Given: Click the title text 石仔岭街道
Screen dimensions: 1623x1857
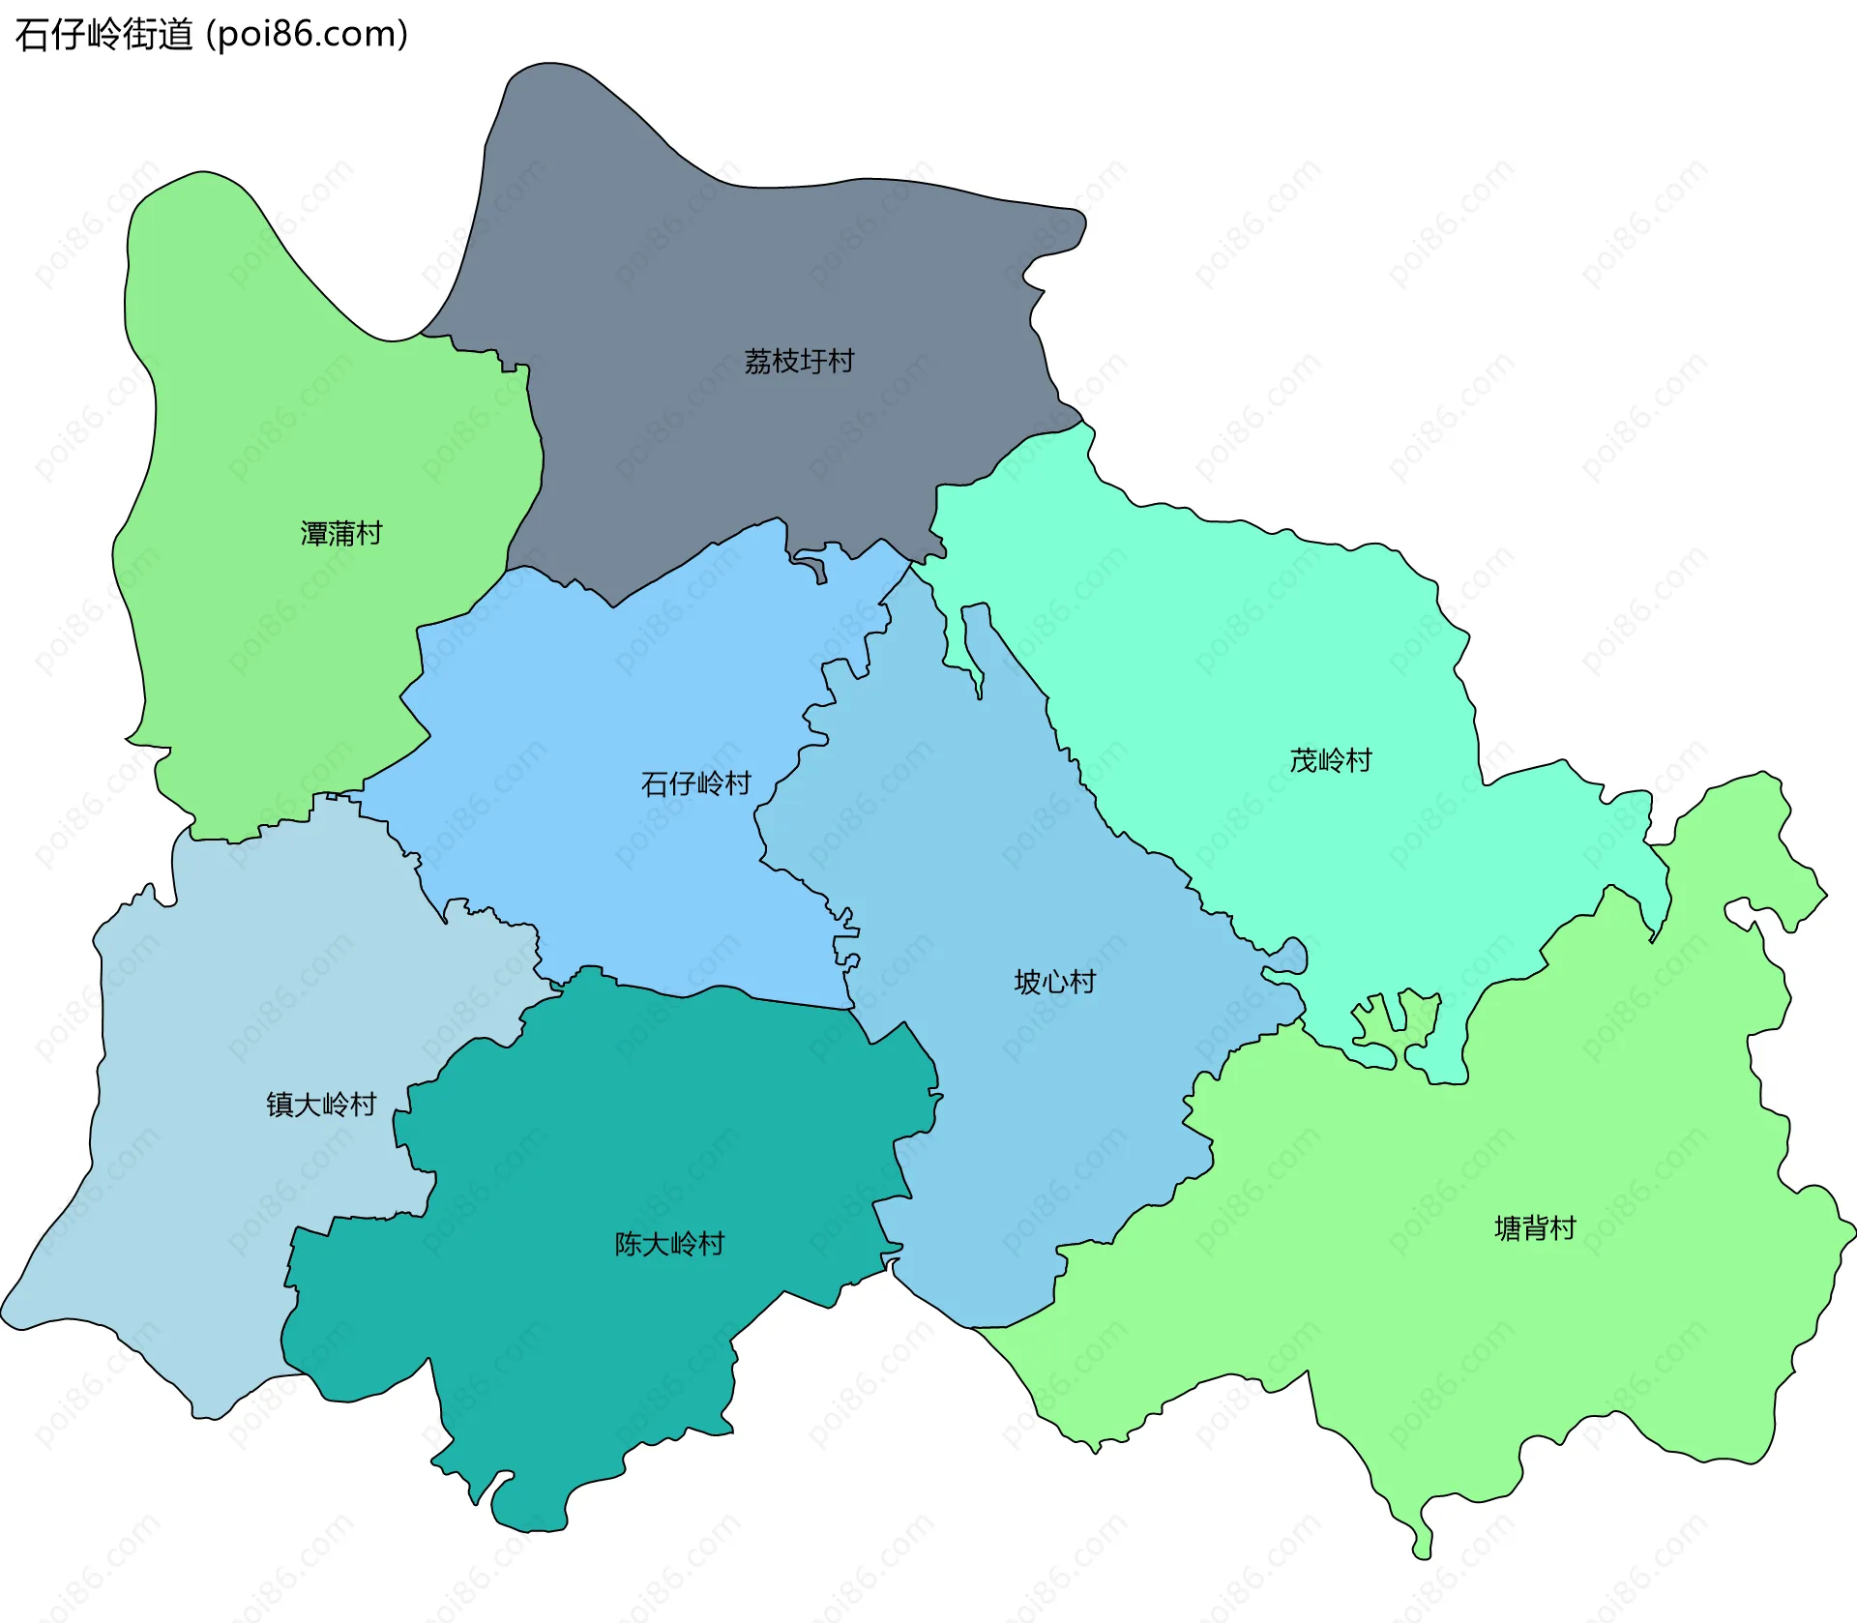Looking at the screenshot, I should click(x=104, y=35).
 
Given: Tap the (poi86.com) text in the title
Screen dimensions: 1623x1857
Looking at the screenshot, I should click(x=308, y=35).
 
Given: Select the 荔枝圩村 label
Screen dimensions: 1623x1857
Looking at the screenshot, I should click(x=799, y=361).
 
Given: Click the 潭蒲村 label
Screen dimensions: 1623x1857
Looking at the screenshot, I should click(x=341, y=533).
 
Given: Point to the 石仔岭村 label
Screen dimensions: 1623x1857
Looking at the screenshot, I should click(x=696, y=783).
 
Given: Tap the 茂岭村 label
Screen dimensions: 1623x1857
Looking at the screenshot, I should click(x=1331, y=760).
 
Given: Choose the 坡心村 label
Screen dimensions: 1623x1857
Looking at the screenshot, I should click(x=1054, y=982).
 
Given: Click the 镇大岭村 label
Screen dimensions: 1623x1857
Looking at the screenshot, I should click(x=321, y=1104).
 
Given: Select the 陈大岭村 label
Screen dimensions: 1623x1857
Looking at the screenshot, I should click(x=669, y=1244).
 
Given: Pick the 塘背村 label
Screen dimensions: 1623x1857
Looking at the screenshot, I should click(x=1535, y=1228).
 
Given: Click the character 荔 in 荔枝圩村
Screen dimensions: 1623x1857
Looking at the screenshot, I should click(x=758, y=361).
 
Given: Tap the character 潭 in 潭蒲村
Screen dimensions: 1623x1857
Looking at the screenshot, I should click(x=314, y=533).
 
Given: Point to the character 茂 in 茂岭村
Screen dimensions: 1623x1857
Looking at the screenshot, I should click(x=1304, y=760).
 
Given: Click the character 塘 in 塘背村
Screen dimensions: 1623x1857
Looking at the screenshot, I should click(x=1508, y=1228).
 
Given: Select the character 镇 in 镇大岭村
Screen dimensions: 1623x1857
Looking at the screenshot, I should click(x=280, y=1104).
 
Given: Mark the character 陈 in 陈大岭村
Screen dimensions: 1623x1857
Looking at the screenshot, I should click(x=629, y=1244).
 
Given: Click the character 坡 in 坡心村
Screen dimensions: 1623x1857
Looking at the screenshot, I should click(x=1027, y=982).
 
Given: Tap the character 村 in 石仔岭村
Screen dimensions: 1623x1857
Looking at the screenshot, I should click(x=738, y=783).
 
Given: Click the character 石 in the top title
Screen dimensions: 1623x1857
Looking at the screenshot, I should click(x=32, y=35).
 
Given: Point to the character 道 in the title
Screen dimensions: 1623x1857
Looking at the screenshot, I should click(x=176, y=35).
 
